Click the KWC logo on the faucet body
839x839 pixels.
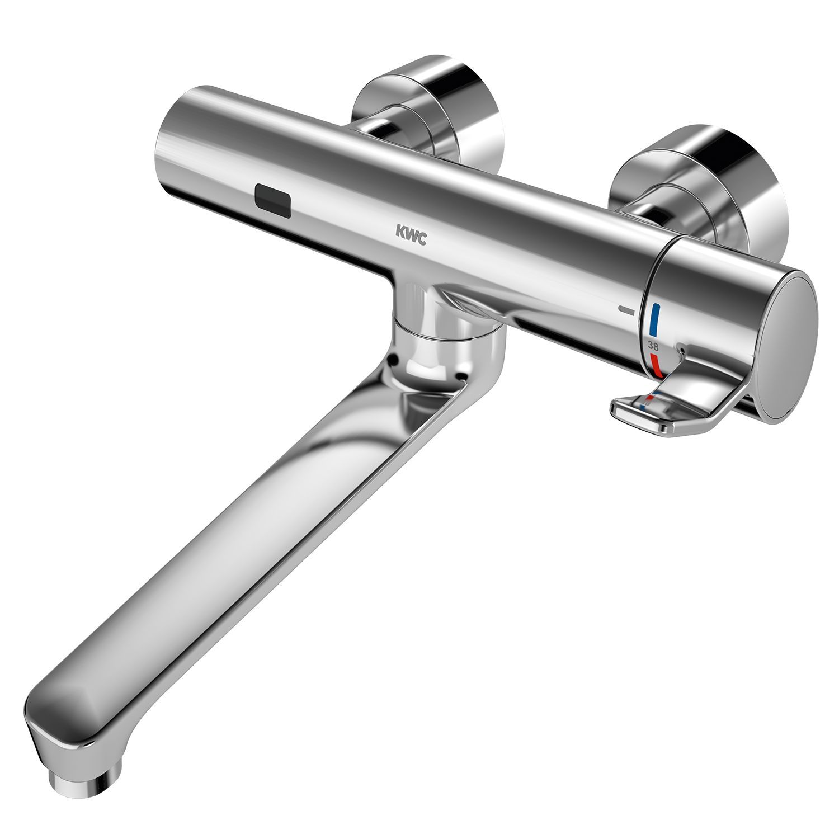point(411,235)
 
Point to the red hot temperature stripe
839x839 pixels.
point(656,364)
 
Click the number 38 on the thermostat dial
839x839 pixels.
point(653,345)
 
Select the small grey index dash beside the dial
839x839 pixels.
point(626,309)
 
